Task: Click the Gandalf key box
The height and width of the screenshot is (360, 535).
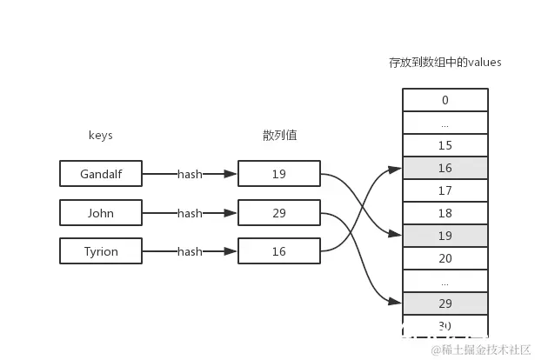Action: point(101,174)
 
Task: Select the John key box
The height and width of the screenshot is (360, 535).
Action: point(101,213)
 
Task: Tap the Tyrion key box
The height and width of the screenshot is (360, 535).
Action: point(101,251)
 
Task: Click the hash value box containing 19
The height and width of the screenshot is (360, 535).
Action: point(278,174)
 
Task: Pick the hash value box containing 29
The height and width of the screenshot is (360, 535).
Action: point(278,213)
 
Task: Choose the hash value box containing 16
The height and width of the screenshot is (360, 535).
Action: point(278,251)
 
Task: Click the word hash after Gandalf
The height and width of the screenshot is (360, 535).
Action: point(190,174)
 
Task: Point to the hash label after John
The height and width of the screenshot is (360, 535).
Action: point(190,213)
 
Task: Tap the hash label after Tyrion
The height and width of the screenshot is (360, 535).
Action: point(190,251)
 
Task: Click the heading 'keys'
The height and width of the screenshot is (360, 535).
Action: point(101,136)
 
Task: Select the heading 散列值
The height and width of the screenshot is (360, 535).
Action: point(279,136)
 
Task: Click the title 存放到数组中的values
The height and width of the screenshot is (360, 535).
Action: point(445,63)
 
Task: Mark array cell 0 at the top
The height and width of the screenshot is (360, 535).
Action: point(445,100)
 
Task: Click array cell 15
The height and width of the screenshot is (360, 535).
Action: point(445,145)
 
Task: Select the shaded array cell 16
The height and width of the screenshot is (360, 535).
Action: point(445,168)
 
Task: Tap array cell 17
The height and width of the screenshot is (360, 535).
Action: point(445,190)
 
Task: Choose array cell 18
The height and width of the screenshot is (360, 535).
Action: point(445,213)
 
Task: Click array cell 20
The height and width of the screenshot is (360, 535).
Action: point(445,258)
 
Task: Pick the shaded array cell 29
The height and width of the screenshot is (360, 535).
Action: point(445,303)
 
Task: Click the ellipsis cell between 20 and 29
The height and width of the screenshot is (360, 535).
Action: point(445,281)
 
